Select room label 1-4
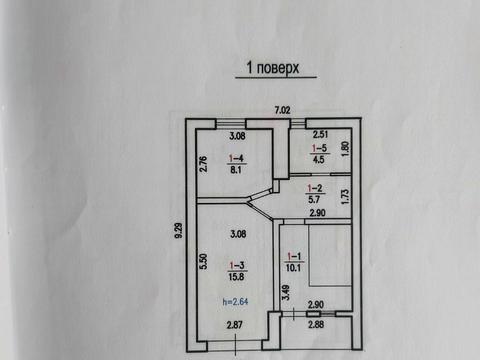point(238,158)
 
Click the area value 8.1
point(238,170)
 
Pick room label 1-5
point(319,147)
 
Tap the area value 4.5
point(319,158)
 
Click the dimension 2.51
point(320,134)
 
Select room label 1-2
point(313,188)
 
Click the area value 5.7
point(313,199)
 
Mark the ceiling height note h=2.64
point(236,299)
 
